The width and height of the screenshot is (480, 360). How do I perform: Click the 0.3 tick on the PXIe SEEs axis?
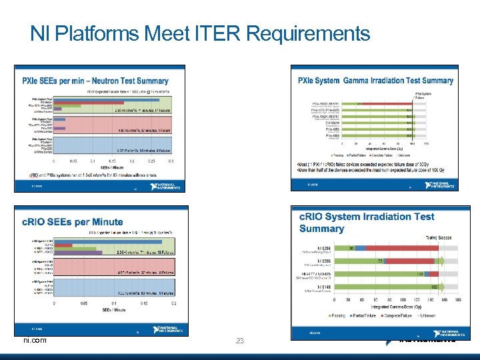coord(171,161)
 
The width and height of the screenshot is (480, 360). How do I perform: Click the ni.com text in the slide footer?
coord(35,340)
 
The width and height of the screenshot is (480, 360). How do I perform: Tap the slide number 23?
coord(240,341)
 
